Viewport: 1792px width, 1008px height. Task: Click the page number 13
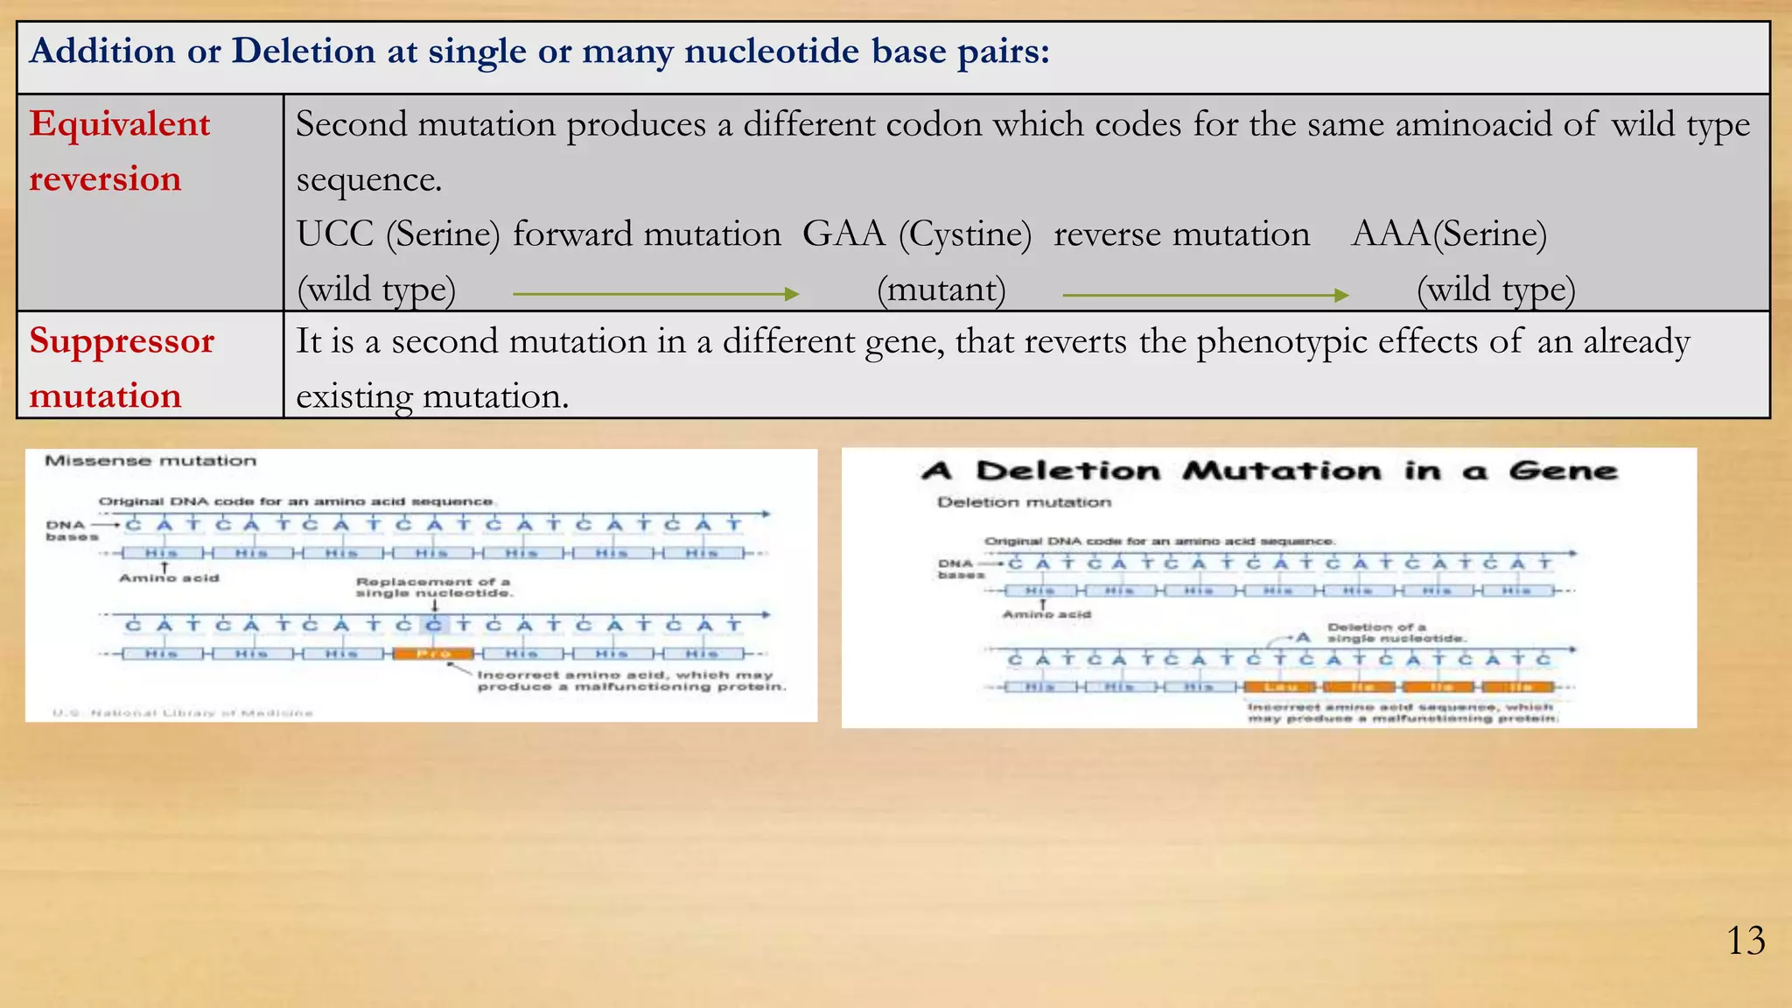coord(1746,941)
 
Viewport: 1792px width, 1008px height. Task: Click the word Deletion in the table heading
coord(303,52)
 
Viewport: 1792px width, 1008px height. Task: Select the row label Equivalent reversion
coord(120,151)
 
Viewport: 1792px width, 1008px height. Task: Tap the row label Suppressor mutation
coord(122,367)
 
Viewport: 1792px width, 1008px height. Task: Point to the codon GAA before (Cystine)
coord(843,234)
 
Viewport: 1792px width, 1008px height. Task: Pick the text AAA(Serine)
coord(1449,234)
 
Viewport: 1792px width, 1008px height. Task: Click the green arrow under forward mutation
coord(655,295)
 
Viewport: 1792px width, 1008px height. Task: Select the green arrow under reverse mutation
coord(1205,296)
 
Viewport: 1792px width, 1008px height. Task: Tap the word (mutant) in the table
coord(941,290)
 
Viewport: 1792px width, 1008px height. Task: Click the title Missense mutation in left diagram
coord(150,461)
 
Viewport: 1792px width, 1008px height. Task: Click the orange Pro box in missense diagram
coord(433,654)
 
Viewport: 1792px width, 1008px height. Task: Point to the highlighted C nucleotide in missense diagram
coord(434,625)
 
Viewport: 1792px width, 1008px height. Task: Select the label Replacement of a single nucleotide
coord(433,587)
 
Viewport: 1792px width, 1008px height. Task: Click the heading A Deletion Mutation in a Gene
coord(1269,472)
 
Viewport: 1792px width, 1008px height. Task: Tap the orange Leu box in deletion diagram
coord(1280,687)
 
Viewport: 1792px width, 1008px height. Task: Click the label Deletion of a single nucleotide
coord(1396,633)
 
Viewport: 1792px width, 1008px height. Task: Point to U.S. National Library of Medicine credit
coord(182,713)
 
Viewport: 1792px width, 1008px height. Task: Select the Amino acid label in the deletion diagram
coord(1046,614)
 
